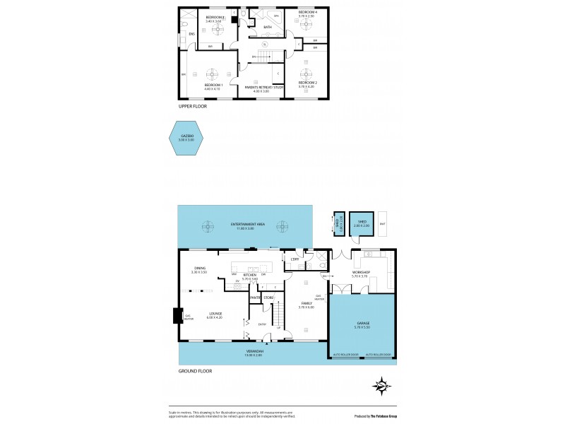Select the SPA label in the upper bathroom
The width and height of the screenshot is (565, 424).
276,15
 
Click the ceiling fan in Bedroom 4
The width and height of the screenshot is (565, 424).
307,23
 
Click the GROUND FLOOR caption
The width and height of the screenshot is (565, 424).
195,370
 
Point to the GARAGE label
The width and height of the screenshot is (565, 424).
362,323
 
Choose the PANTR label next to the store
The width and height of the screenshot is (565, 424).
254,298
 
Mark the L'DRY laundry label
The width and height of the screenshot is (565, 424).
295,259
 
